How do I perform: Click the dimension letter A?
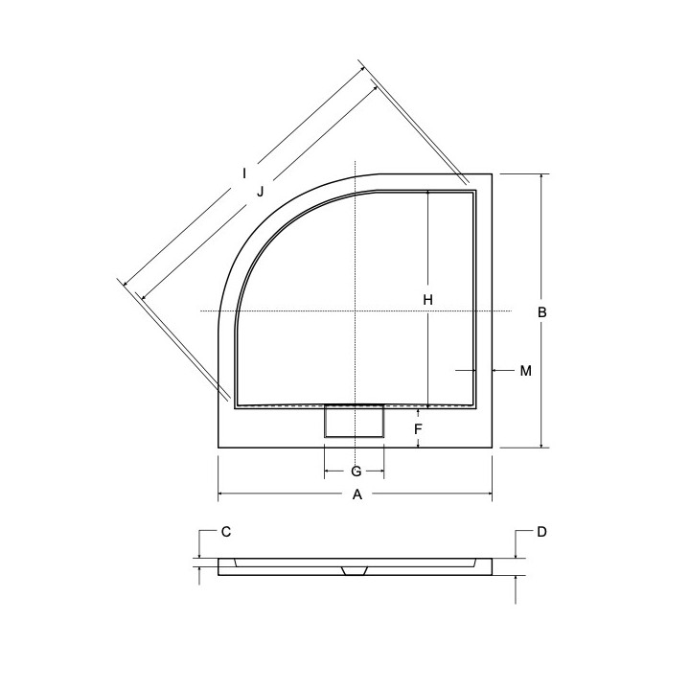(356, 494)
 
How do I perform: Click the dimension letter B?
(541, 312)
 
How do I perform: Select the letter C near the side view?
(226, 531)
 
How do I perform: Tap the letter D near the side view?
(541, 531)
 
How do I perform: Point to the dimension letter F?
(418, 430)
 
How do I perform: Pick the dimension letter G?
(356, 471)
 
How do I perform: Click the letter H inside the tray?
(428, 300)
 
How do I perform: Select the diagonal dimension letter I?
(245, 172)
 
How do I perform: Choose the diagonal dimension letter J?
(259, 190)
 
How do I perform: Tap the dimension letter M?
(525, 370)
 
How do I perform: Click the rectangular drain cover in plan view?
(355, 422)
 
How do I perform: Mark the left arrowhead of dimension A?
(221, 494)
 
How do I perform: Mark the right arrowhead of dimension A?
(490, 494)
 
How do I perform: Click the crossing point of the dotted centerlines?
(356, 312)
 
